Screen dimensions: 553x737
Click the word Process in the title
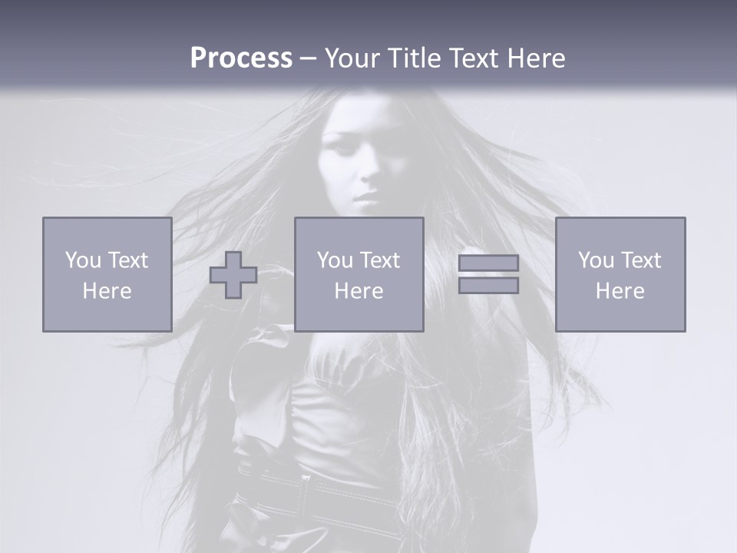pyautogui.click(x=241, y=58)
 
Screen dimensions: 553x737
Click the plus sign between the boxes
pyautogui.click(x=233, y=275)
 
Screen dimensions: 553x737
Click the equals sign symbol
pyautogui.click(x=488, y=274)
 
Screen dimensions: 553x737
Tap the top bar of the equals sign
pyautogui.click(x=488, y=263)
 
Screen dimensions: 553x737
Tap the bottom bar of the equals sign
pyautogui.click(x=488, y=286)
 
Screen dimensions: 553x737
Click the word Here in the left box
pyautogui.click(x=107, y=291)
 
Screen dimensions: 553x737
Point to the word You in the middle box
pyautogui.click(x=335, y=260)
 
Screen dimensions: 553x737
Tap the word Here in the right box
pyautogui.click(x=620, y=291)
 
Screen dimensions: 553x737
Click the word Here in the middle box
pyautogui.click(x=359, y=291)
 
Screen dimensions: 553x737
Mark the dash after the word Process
pyautogui.click(x=309, y=59)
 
